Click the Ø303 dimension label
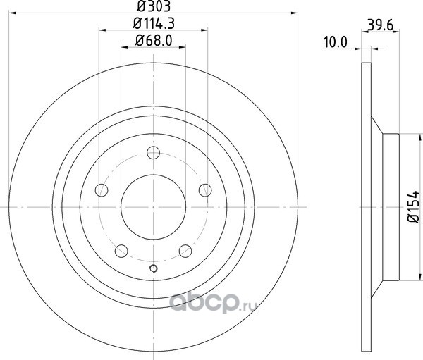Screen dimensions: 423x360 pyautogui.click(x=154, y=6)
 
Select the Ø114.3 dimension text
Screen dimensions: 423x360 pyautogui.click(x=154, y=24)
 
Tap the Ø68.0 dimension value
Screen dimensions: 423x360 pyautogui.click(x=154, y=41)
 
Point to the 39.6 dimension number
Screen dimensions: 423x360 pyautogui.click(x=381, y=25)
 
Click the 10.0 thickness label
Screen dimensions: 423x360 pyautogui.click(x=336, y=42)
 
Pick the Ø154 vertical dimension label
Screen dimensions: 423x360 pyautogui.click(x=413, y=207)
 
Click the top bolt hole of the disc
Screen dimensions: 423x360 pyautogui.click(x=153, y=153)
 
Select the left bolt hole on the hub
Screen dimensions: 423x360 pyautogui.click(x=102, y=190)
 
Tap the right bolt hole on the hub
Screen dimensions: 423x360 pyautogui.click(x=205, y=190)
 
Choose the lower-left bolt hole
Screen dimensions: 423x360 pyautogui.click(x=121, y=251)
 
